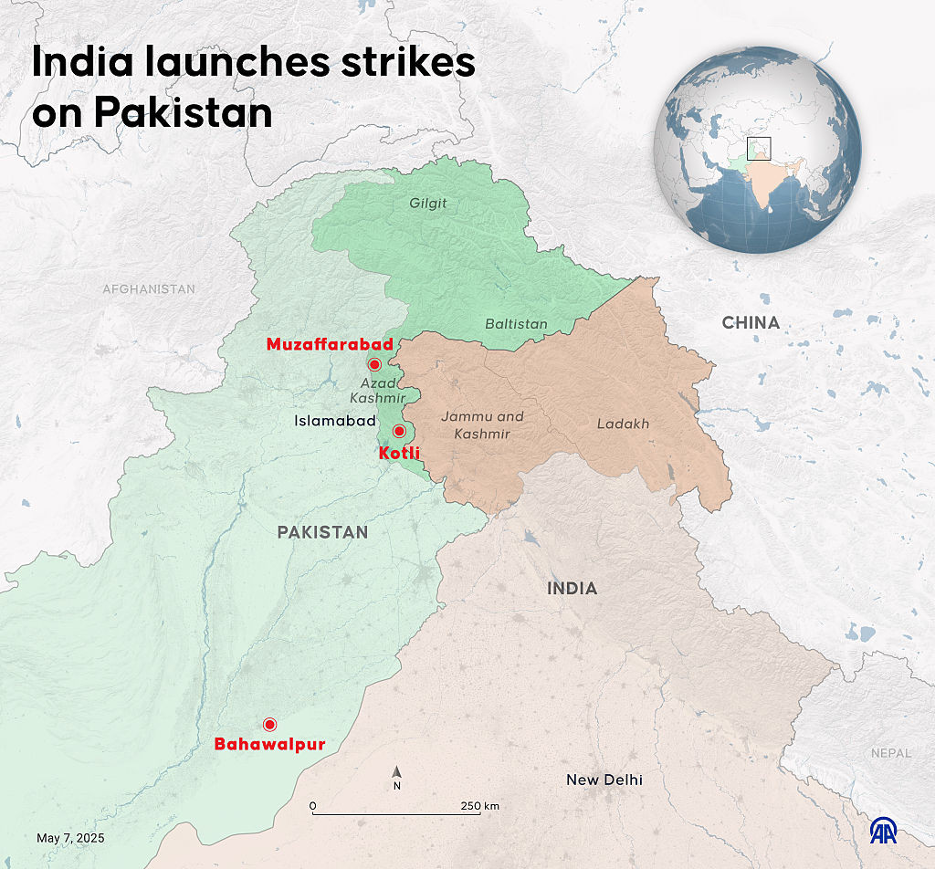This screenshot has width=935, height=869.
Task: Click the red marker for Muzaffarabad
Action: tap(374, 364)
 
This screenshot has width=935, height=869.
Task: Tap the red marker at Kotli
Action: tap(398, 431)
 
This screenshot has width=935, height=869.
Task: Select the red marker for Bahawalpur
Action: tap(269, 725)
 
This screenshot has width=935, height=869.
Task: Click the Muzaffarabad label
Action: tap(330, 344)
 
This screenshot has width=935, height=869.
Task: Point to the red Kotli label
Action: tap(398, 452)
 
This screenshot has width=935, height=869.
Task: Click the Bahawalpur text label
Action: tap(269, 745)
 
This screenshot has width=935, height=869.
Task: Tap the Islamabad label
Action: tap(335, 421)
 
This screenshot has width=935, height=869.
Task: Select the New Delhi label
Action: tap(604, 780)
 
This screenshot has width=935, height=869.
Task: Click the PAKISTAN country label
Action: tap(323, 532)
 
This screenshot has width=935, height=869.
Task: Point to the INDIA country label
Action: tap(573, 589)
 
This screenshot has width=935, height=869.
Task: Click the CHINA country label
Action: tap(751, 322)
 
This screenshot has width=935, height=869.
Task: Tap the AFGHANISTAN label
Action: tap(149, 289)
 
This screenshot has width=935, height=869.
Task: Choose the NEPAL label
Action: tap(890, 753)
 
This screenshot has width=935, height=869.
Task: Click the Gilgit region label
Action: tap(428, 204)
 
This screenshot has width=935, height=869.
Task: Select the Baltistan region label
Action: tap(517, 324)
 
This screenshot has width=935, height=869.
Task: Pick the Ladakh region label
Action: tap(624, 424)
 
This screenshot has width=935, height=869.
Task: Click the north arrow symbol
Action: tap(397, 775)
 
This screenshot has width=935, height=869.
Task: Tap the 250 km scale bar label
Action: tap(479, 806)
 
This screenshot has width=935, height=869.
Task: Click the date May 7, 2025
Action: tap(70, 838)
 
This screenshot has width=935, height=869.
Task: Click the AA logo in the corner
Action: tap(883, 831)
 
